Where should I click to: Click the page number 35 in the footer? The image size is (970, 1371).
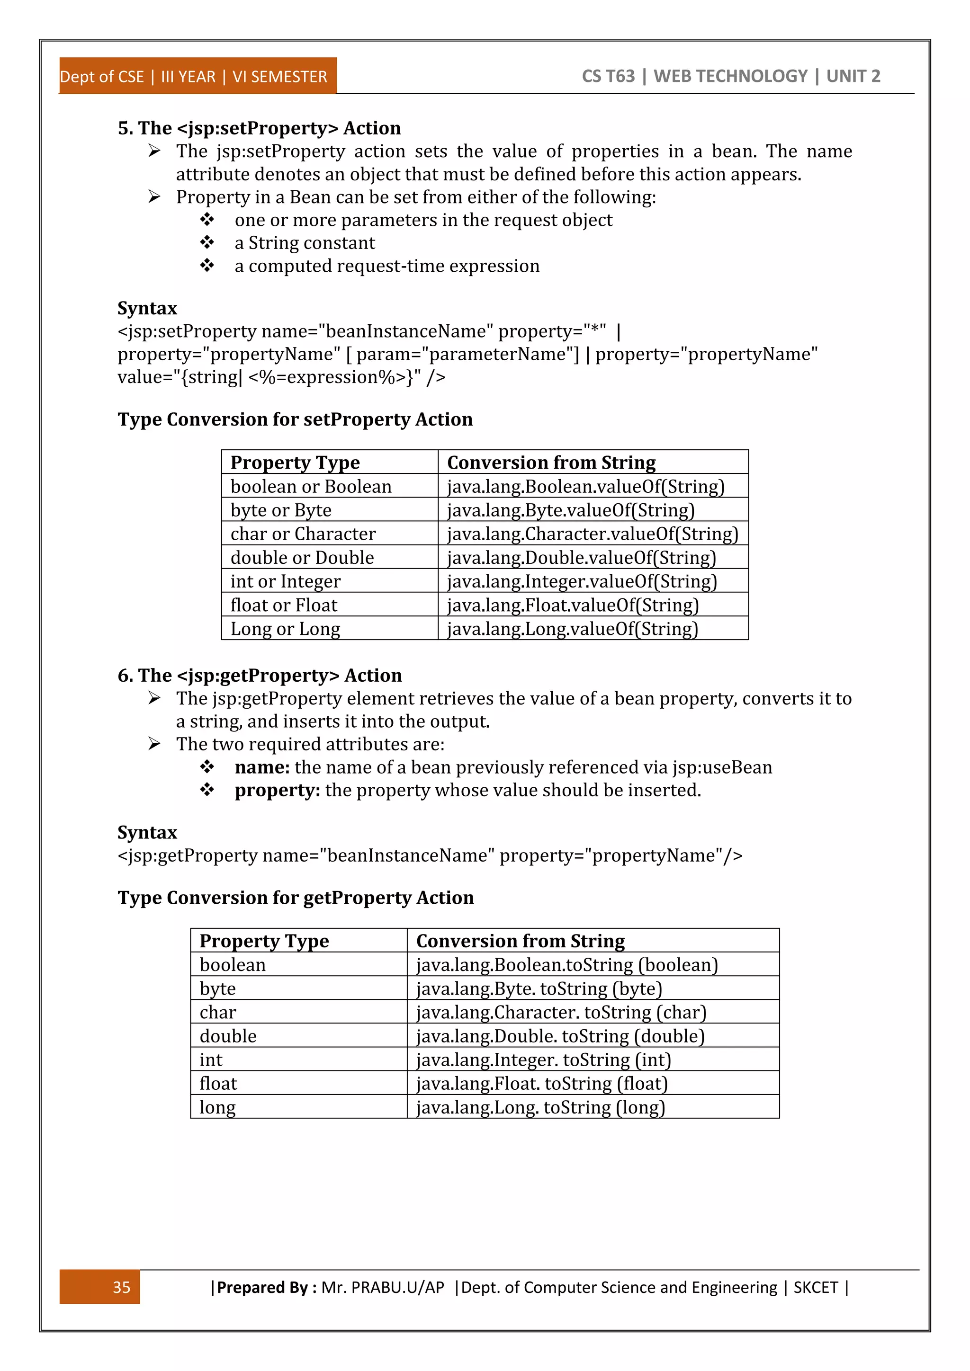pos(121,1287)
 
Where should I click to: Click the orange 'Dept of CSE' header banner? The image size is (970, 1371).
pos(197,76)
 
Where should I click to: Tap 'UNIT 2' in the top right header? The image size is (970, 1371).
pos(853,76)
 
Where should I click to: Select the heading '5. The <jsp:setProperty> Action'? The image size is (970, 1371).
pos(259,128)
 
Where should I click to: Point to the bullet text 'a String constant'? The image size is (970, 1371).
pos(305,243)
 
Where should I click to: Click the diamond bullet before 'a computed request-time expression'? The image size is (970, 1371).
pos(207,265)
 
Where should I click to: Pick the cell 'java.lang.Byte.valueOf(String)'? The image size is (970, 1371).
pos(570,510)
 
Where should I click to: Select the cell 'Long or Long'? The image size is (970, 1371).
pos(285,629)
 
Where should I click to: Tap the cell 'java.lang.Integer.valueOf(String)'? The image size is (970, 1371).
pos(581,581)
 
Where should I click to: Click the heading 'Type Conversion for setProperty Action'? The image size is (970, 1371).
pos(295,419)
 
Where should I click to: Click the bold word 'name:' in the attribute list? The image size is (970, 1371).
pos(261,767)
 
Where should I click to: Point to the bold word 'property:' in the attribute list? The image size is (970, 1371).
pos(277,790)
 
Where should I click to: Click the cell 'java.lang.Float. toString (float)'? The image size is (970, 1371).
pos(541,1083)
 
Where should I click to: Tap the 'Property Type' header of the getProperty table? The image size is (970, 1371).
pos(264,941)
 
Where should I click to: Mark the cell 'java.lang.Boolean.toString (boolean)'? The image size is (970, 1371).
pos(566,965)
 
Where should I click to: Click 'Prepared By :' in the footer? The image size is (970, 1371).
pos(266,1287)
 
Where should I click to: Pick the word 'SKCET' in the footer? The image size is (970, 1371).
pos(815,1287)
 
